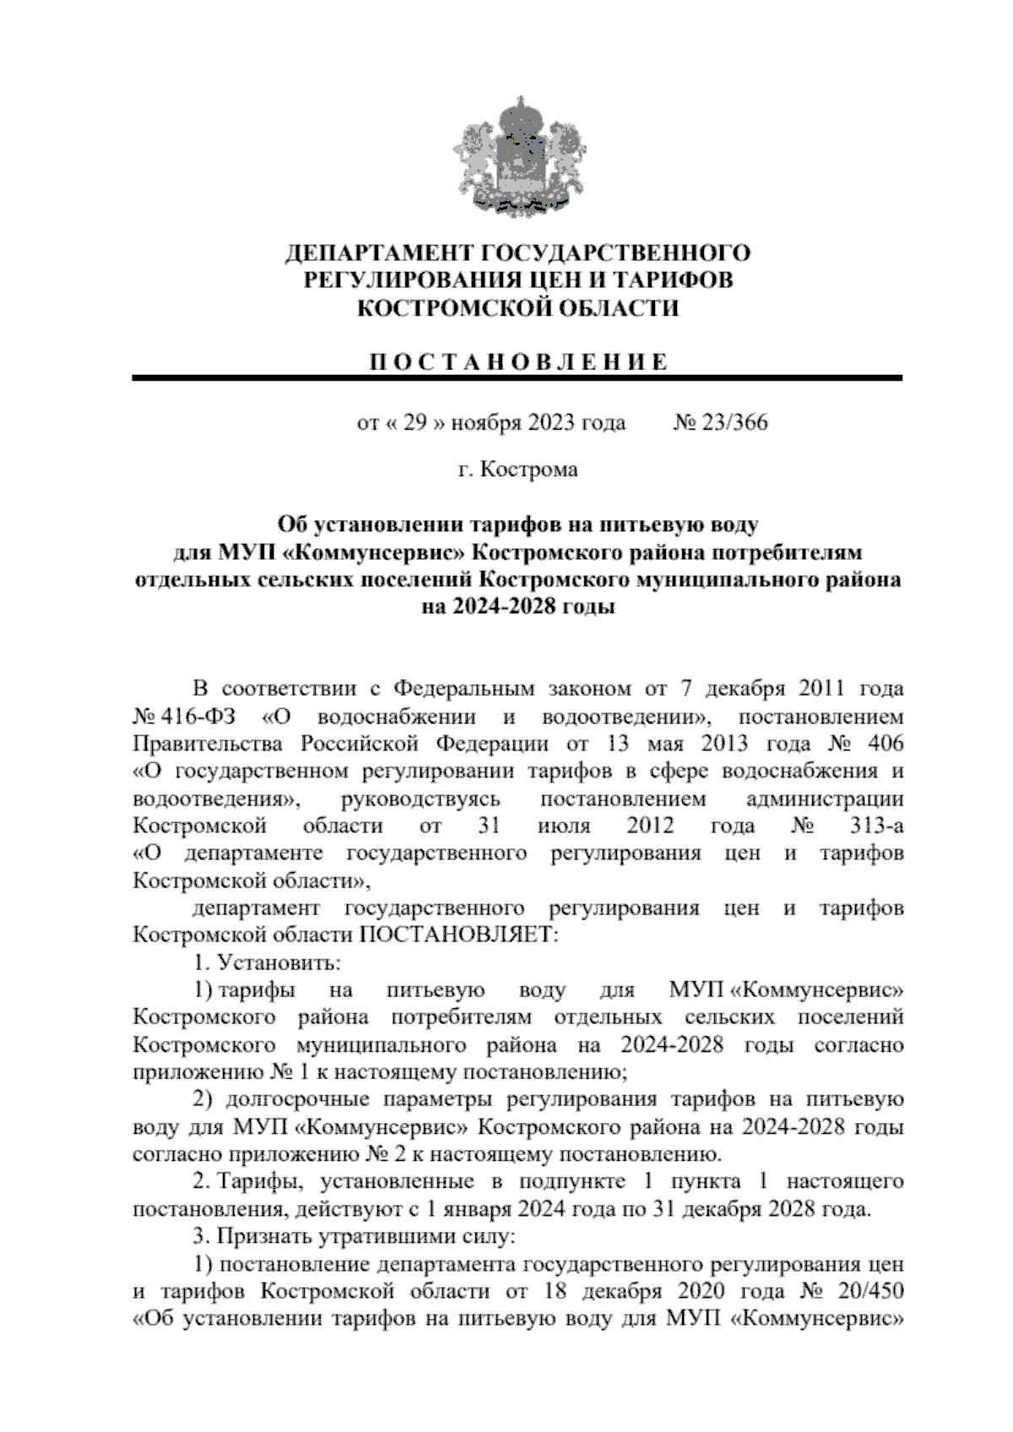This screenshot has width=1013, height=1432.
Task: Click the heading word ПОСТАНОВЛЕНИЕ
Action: pyautogui.click(x=517, y=362)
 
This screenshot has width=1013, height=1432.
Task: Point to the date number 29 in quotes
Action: pyautogui.click(x=411, y=422)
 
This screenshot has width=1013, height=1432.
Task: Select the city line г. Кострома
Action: pyautogui.click(x=517, y=469)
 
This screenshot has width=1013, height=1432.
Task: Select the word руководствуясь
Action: pyautogui.click(x=421, y=798)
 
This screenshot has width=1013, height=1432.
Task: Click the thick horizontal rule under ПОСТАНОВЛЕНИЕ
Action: pyautogui.click(x=517, y=379)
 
